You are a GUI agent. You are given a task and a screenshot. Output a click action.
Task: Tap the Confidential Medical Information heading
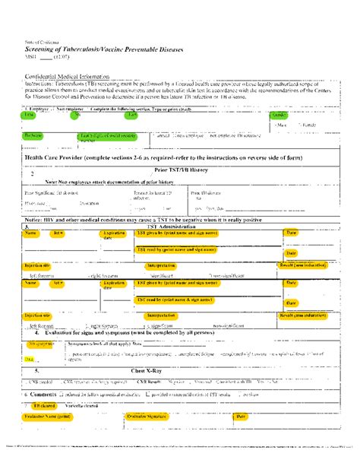pyautogui.click(x=68, y=77)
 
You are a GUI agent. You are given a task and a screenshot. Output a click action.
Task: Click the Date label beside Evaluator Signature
pyautogui.click(x=241, y=417)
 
